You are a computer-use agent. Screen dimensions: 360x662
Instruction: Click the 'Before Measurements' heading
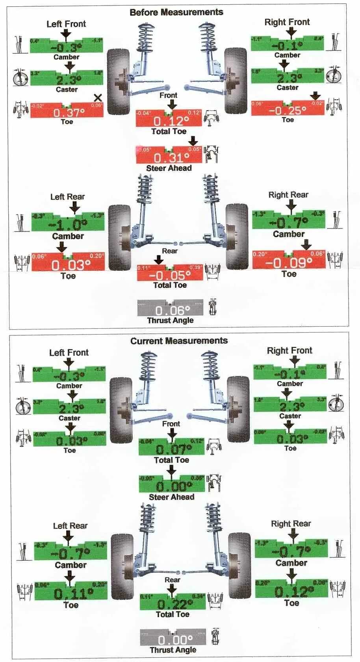pos(176,12)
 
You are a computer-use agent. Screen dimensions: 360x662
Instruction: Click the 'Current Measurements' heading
pos(179,341)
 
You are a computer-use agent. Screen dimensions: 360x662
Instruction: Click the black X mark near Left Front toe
pos(98,98)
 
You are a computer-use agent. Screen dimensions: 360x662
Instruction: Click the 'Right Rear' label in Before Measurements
pos(288,195)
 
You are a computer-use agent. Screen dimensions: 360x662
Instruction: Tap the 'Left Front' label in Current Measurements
pos(69,353)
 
